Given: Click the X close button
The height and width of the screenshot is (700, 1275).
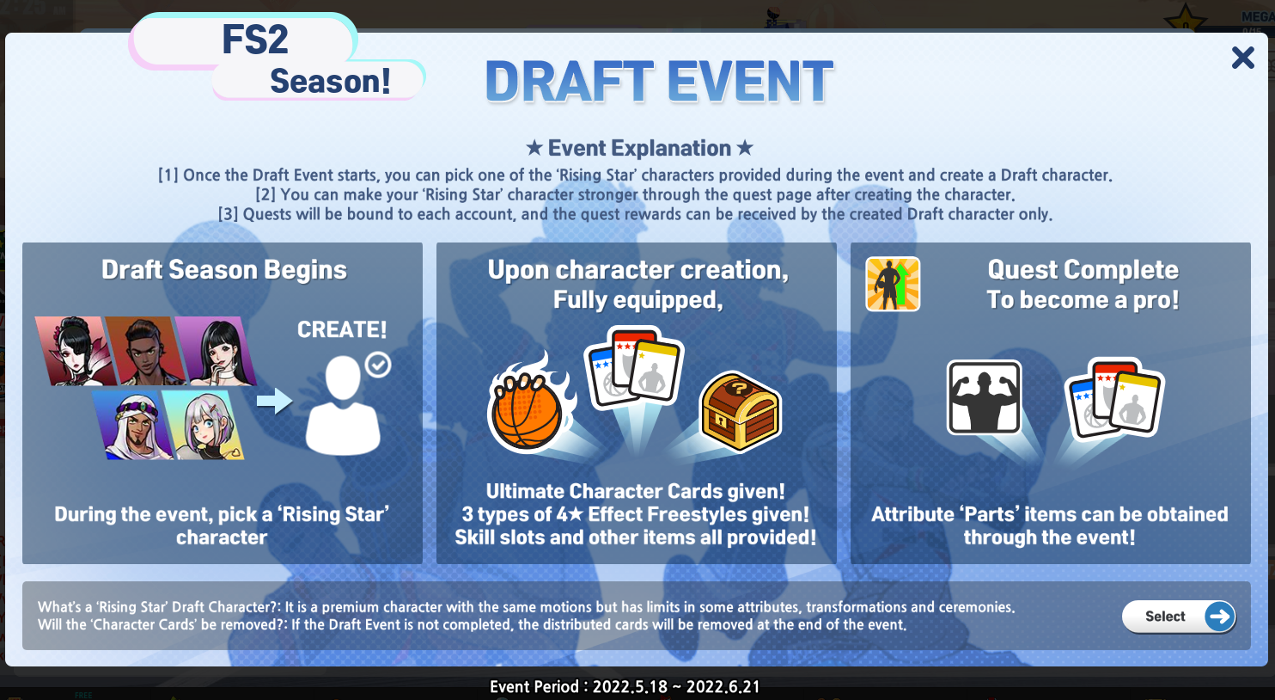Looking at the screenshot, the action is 1242,58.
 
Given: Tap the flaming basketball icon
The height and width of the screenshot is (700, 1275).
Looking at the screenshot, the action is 530,402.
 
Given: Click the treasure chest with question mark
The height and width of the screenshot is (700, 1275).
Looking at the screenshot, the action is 741,411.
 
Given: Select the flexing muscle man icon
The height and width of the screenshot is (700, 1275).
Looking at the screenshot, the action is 984,397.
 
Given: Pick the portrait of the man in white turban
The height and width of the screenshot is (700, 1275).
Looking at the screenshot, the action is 135,424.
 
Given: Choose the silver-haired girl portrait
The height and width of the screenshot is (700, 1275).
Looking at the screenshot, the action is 204,424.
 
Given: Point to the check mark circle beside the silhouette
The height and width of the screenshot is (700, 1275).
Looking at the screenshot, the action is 378,365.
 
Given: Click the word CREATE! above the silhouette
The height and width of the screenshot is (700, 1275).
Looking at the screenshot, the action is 342,329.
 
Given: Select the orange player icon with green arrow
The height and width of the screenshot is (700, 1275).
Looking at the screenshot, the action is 893,284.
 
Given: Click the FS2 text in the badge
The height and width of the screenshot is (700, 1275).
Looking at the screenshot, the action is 255,40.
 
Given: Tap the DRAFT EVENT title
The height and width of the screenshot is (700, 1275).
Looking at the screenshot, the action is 659,82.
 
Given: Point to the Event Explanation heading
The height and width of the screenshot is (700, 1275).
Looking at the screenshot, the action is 639,148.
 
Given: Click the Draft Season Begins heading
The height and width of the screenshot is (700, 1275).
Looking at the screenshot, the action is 223,270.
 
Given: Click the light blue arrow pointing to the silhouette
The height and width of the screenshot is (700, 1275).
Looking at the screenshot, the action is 274,401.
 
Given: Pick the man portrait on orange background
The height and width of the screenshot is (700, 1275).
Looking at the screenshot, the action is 146,351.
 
